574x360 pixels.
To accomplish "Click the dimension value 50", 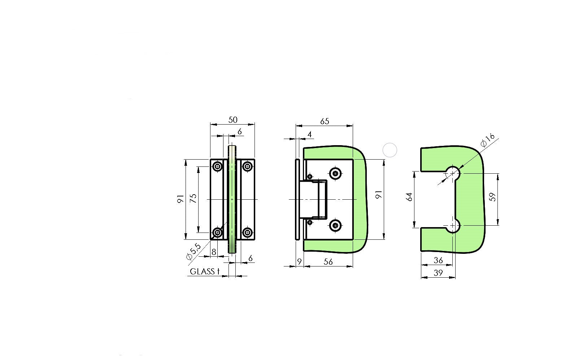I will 233,120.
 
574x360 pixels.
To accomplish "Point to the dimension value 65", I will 324,121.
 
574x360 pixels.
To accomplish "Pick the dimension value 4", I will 309,135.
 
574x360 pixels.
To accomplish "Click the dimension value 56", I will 328,262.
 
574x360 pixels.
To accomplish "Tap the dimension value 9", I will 299,262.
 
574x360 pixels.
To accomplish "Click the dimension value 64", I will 409,197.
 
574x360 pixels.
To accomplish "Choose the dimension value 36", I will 438,260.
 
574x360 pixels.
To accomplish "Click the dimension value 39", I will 438,273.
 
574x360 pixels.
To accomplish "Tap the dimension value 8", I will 214,252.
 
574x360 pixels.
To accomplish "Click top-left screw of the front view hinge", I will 217,166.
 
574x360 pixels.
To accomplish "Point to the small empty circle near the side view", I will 390,150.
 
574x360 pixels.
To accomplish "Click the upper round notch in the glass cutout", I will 453,173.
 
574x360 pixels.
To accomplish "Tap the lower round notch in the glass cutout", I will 453,226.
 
